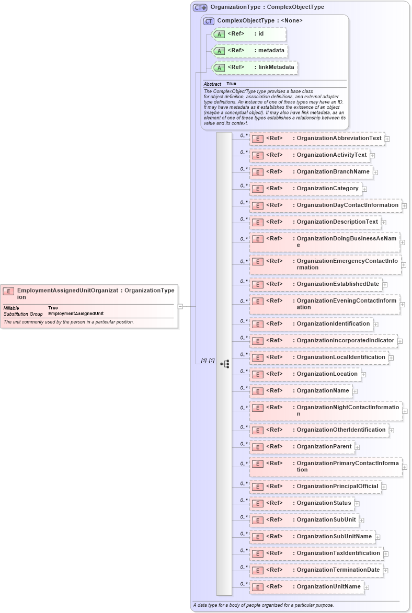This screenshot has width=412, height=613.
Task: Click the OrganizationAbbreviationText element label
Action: coord(339,138)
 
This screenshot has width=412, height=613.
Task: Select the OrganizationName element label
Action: coord(323,390)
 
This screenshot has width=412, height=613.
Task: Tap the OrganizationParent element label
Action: coord(324,446)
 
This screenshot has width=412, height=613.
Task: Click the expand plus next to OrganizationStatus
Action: coord(358,504)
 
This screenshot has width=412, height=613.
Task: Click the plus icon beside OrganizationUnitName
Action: coord(367,587)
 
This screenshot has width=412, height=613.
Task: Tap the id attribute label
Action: coord(261,34)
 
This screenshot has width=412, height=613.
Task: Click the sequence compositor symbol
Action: coord(225,363)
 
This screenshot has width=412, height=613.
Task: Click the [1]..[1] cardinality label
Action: coord(208,361)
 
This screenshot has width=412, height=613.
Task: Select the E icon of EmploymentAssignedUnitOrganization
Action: coord(8,291)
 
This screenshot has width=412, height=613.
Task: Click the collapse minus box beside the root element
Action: coord(180,306)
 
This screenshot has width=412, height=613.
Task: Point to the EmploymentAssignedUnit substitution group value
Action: coord(76,314)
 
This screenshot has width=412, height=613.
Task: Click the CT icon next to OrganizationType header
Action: coord(200,7)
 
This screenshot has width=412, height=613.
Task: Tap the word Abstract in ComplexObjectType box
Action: coord(212,84)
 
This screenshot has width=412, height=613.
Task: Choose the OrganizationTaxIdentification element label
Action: coord(338,553)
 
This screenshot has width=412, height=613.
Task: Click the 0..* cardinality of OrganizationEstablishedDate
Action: coord(244,281)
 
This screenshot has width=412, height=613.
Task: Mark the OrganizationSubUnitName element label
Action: coord(334,536)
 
